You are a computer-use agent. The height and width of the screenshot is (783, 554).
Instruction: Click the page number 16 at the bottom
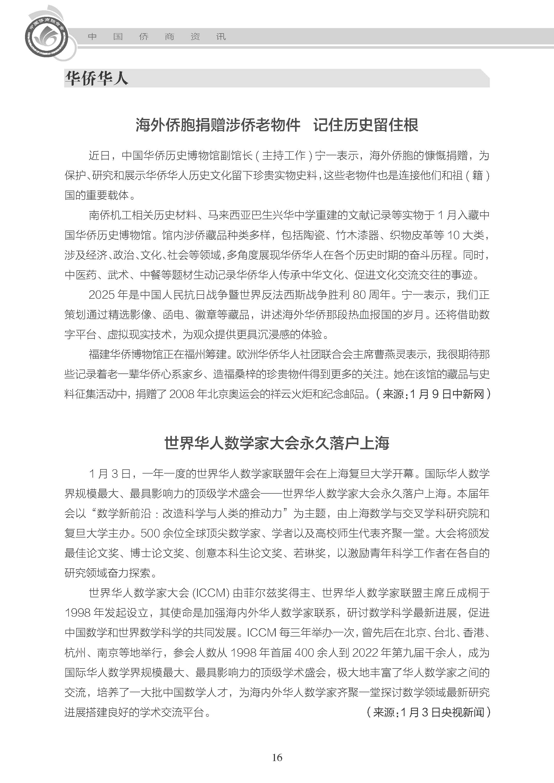(x=277, y=757)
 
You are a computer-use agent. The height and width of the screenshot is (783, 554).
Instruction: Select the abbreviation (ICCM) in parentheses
(x=211, y=593)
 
